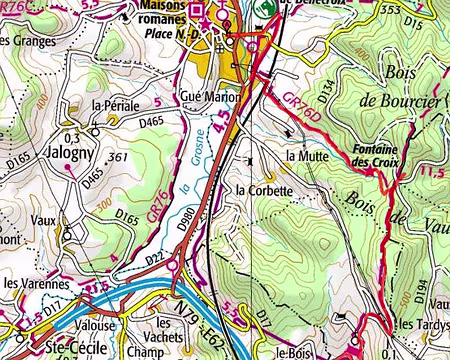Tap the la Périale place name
coord(112,105)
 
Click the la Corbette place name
coord(264,190)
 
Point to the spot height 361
coord(117,158)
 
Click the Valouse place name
coord(96,326)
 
